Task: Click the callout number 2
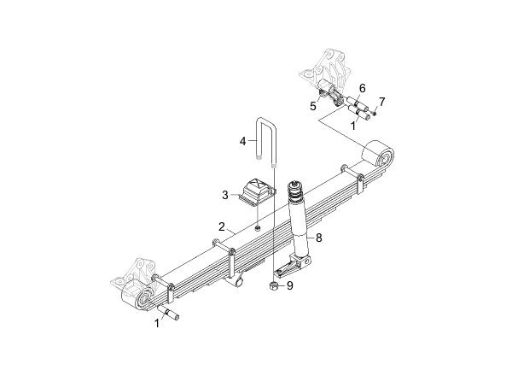click(x=222, y=226)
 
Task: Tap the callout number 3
click(x=225, y=195)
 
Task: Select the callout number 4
click(x=242, y=141)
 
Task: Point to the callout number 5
click(x=313, y=106)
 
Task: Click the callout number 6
click(x=362, y=88)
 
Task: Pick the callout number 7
click(x=381, y=102)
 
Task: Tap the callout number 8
click(x=318, y=238)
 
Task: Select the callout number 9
click(x=290, y=285)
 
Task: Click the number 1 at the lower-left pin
click(x=157, y=323)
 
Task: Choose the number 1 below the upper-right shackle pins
click(x=353, y=126)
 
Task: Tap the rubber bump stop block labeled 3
click(x=257, y=191)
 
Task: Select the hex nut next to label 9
click(x=274, y=285)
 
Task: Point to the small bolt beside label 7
click(x=375, y=113)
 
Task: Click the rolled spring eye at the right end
click(x=378, y=155)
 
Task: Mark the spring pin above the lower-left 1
click(x=168, y=312)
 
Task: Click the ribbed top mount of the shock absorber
click(x=295, y=191)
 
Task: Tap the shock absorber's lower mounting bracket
click(x=293, y=265)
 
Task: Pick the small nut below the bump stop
click(x=258, y=228)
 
